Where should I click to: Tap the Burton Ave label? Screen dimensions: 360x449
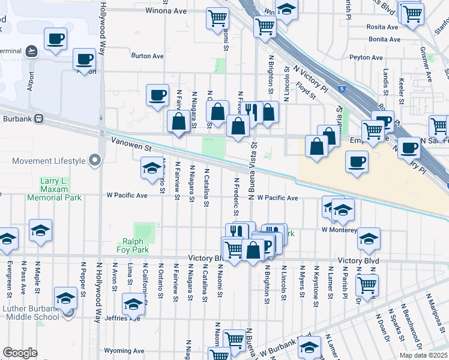click(x=147, y=56)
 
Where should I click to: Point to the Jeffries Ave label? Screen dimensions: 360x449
click(x=125, y=318)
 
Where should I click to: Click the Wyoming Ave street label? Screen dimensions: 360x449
click(x=124, y=350)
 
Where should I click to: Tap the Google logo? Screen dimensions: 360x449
click(x=20, y=353)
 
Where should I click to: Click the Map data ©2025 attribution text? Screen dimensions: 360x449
click(x=423, y=355)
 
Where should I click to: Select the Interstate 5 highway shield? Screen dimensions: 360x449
click(x=341, y=89)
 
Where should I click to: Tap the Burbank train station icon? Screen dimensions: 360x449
click(x=37, y=118)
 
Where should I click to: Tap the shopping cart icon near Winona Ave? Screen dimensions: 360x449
click(x=217, y=17)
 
